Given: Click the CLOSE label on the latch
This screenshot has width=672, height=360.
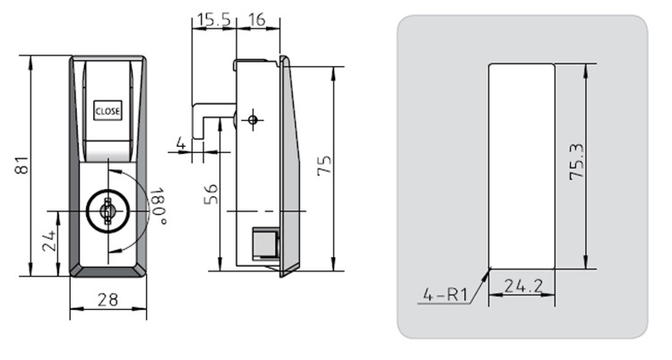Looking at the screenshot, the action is coord(108,111).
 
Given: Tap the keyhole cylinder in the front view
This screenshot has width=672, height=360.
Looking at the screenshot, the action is coord(108,210).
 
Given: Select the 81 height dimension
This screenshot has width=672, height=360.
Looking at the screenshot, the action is coord(22,165).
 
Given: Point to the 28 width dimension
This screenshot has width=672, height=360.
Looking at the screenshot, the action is coord(108,300).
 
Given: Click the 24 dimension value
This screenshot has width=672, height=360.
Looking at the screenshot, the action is coord(49,240).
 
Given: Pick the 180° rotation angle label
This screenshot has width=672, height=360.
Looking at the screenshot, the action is coord(158,206).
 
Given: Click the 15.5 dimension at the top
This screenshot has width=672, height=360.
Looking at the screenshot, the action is coord(213,20).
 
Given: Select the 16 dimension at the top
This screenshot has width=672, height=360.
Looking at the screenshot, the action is coord(257,20).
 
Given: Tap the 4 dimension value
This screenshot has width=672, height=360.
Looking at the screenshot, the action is coord(181,142).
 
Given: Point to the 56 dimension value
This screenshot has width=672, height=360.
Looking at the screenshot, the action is coord(211,194).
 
